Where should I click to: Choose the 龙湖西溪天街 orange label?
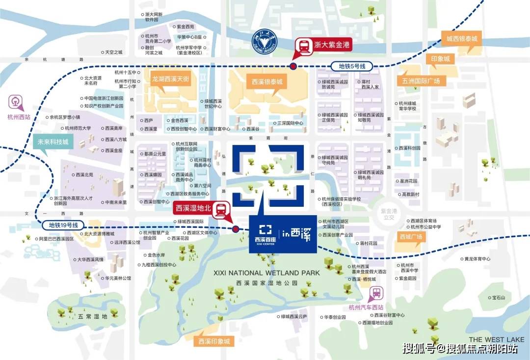point(170,79)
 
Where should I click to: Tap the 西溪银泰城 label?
point(267,82)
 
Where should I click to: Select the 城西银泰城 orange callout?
point(461,38)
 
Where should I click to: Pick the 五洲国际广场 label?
point(420,81)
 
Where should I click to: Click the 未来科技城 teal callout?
point(53,142)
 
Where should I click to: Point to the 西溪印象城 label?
point(213,341)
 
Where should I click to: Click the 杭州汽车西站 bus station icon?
point(377,293)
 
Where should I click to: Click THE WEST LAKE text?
point(496,339)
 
